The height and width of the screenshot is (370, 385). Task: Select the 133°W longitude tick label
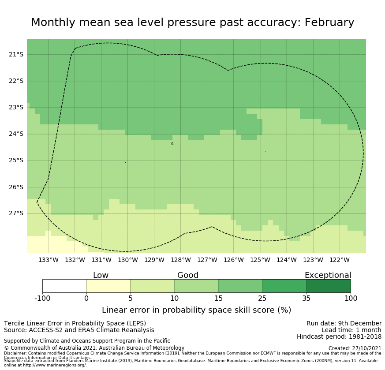(x=49, y=260)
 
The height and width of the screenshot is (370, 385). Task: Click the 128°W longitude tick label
(x=181, y=260)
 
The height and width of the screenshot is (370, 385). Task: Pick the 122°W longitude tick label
(x=340, y=260)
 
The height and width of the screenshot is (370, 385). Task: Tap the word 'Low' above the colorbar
(x=101, y=275)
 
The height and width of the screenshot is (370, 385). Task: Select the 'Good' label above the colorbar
(x=188, y=275)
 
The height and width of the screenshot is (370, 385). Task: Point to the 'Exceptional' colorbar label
(x=328, y=275)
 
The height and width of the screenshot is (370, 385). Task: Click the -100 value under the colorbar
(x=42, y=299)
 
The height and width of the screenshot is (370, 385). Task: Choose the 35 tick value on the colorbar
(x=307, y=299)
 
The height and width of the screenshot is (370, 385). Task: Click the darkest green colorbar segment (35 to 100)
(x=329, y=286)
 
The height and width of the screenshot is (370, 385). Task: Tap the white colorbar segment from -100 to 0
(x=64, y=286)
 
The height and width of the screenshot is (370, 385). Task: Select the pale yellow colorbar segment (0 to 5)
(x=108, y=286)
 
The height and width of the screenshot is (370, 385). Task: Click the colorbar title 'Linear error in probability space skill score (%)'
(x=197, y=310)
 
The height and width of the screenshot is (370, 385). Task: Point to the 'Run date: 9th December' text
(x=344, y=323)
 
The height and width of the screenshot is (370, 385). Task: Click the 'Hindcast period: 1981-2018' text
(x=339, y=337)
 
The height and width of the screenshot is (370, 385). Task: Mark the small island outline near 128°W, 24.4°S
(x=172, y=143)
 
